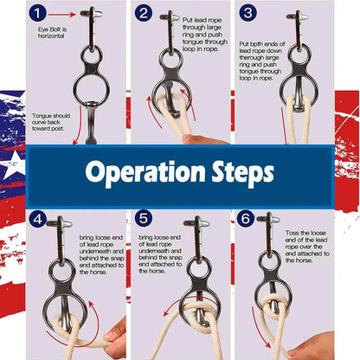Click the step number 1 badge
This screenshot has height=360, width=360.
pos(37,13)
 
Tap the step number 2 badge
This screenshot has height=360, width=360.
pos(144,13)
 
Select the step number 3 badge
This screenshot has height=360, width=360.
pos(247,13)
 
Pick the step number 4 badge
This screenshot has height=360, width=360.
pos(37,219)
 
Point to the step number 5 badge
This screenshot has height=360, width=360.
pos(144,218)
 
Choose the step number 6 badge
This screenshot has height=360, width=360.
pos(246,218)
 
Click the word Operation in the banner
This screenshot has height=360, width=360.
pos(145,172)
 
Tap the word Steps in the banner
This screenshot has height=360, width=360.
pos(243,172)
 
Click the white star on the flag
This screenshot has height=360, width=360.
pos(14,165)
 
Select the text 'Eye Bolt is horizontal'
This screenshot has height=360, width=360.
pos(52,33)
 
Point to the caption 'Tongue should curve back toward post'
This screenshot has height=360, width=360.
pos(51,122)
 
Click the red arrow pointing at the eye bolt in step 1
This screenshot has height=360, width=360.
pos(62,15)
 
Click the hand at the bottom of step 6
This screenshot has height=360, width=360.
pos(313,346)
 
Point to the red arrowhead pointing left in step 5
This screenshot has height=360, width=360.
pos(166,314)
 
